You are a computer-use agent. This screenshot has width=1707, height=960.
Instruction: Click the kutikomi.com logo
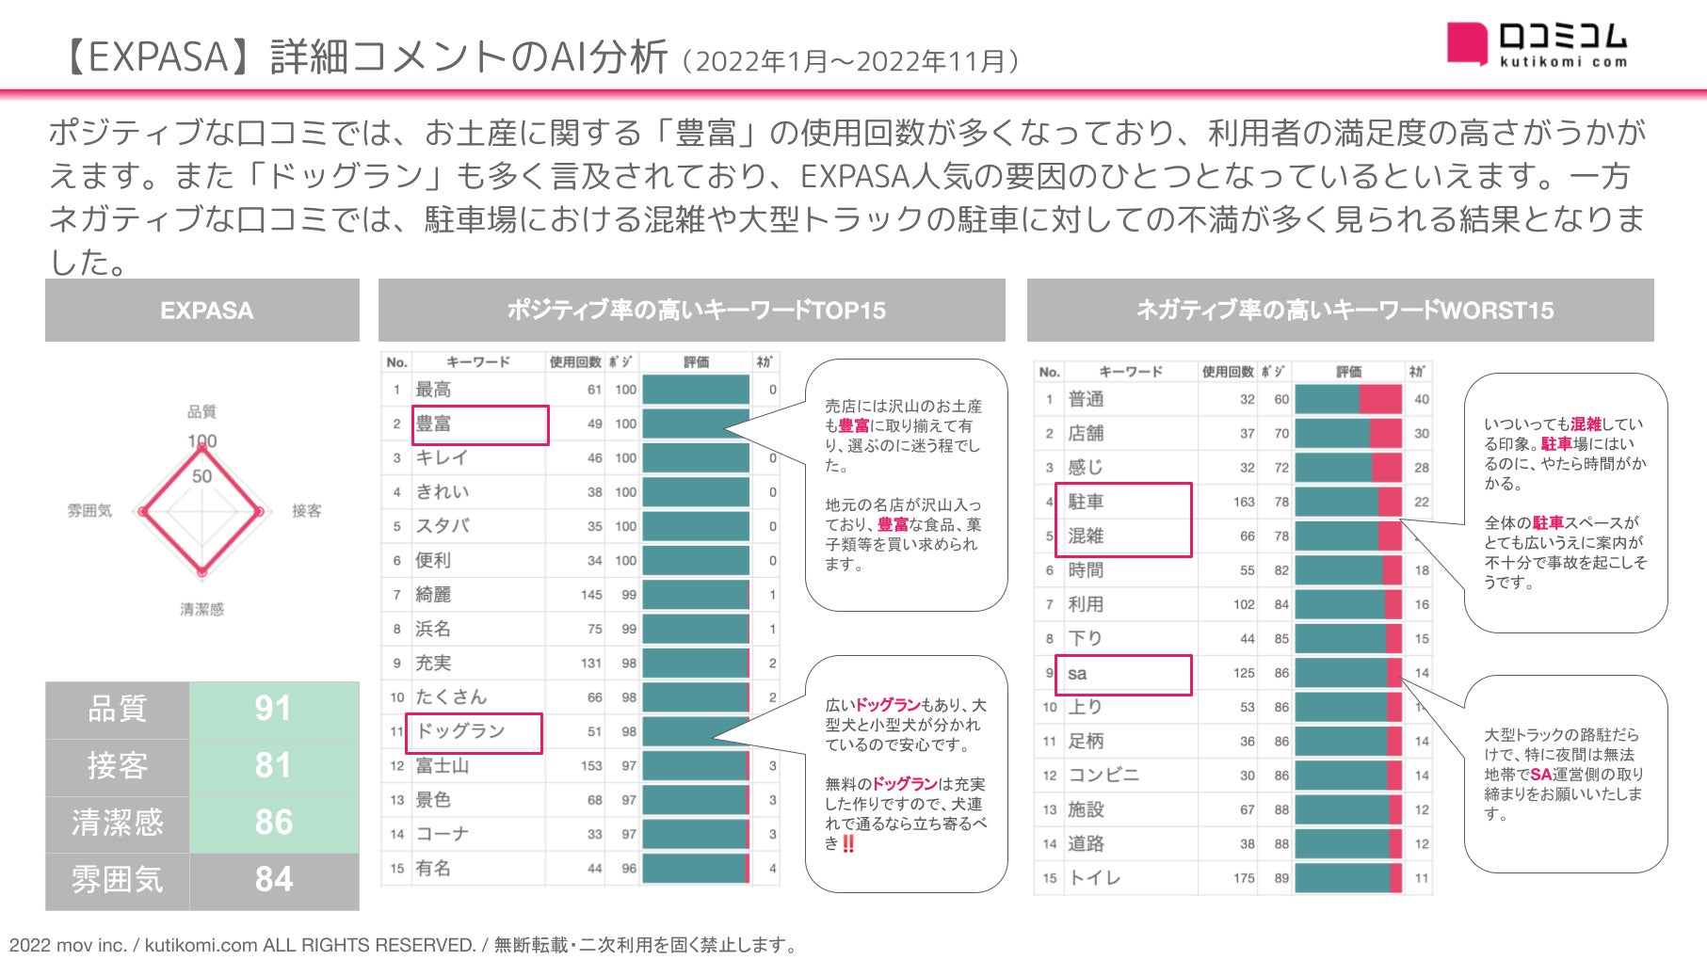[1537, 43]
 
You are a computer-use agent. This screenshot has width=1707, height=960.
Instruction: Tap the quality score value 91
[273, 709]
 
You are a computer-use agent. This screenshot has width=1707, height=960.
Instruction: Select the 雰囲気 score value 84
[273, 879]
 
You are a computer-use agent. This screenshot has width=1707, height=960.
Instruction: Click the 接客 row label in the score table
[118, 766]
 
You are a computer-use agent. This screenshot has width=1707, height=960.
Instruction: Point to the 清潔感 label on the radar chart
[201, 610]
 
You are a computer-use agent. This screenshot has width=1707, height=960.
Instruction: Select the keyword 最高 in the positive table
[433, 390]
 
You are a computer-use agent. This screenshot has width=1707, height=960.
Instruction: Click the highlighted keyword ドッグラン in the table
[461, 731]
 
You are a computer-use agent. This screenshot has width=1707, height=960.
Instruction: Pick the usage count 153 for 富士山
[590, 766]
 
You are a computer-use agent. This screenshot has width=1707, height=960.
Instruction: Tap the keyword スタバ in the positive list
[443, 526]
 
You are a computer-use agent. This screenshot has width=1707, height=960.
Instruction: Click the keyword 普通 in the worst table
[1086, 399]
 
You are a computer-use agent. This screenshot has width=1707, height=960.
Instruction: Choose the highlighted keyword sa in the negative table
[1077, 674]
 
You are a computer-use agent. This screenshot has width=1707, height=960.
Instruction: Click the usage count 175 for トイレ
[1243, 878]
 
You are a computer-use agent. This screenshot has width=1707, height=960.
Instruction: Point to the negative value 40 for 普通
[1421, 399]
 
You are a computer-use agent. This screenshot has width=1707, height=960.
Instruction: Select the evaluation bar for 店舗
[1347, 434]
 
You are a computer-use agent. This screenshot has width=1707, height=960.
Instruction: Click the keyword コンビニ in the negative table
[1103, 776]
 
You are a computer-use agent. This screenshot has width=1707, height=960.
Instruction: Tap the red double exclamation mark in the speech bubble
[848, 844]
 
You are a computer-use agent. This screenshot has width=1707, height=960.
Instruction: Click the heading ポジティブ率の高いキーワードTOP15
[696, 310]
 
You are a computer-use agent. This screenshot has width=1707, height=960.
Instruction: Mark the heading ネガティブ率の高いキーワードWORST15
[1344, 310]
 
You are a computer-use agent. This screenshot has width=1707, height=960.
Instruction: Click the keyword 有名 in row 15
[433, 869]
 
